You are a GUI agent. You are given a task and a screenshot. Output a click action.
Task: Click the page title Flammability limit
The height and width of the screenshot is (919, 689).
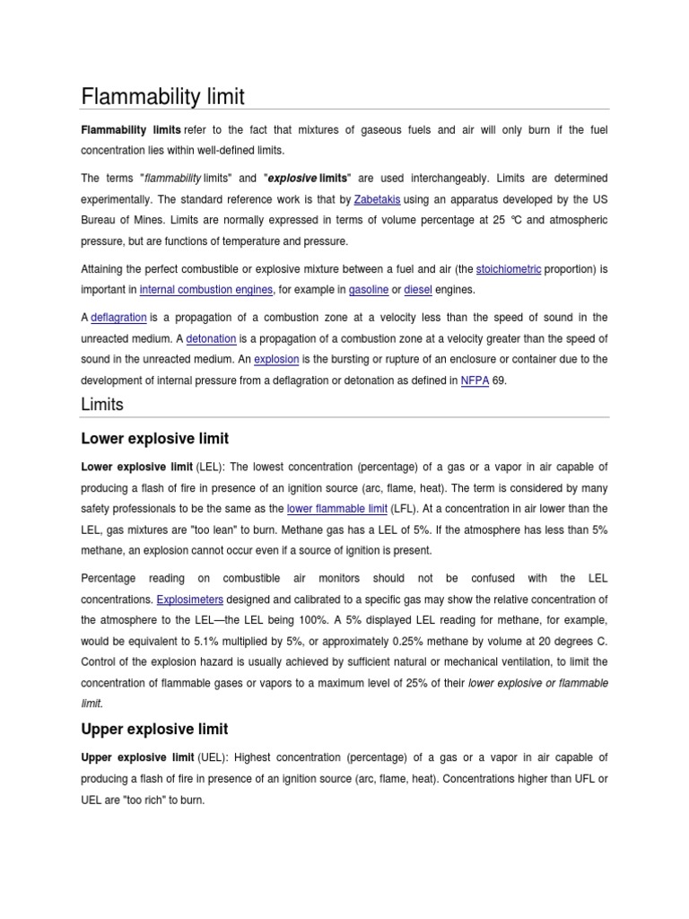point(162,96)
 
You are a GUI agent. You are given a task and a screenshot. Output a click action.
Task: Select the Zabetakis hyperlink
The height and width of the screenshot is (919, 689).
point(377,199)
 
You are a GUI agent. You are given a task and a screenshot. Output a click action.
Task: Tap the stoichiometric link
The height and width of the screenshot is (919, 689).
point(508,268)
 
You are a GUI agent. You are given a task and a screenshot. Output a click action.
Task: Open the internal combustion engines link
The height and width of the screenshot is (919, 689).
point(207,289)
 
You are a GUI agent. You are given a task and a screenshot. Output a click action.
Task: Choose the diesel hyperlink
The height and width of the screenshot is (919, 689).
point(418,289)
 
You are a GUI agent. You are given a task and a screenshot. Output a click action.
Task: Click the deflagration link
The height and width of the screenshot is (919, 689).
point(118,318)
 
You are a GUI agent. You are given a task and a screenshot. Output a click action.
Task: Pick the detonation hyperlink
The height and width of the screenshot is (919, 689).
point(211,338)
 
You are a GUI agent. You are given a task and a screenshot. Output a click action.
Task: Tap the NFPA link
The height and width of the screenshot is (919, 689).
point(475,381)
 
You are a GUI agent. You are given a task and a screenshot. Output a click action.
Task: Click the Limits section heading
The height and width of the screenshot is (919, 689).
point(102,405)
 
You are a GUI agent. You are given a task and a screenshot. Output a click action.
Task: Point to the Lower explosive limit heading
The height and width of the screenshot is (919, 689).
point(154,439)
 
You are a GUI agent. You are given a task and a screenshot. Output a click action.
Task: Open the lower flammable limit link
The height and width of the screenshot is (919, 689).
point(336,509)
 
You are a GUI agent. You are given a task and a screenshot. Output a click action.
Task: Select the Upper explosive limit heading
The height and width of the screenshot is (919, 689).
point(154,729)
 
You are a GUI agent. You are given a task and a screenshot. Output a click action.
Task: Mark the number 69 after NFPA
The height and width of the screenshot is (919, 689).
point(501,381)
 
